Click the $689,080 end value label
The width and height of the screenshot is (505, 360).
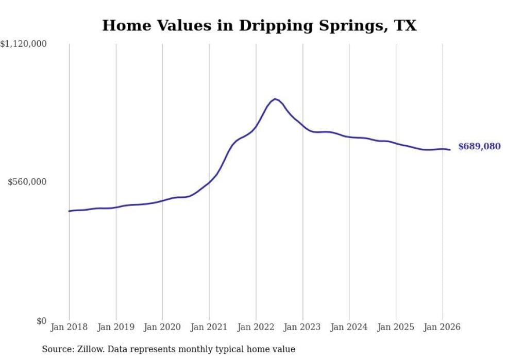point(479,146)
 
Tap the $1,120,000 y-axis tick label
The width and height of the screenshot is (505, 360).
point(24,44)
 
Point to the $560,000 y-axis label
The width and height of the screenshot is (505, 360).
point(27,182)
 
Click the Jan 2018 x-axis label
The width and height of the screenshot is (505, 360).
point(69,327)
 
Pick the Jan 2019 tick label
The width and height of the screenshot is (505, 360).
point(116,327)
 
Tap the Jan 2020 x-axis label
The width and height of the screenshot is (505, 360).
point(162,327)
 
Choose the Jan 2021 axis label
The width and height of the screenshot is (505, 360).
point(209,327)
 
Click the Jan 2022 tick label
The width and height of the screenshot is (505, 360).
point(256,327)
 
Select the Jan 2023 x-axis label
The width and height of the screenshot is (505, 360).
point(302,327)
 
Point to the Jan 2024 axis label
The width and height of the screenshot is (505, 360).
point(349,327)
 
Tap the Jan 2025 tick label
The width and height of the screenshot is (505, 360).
point(396,327)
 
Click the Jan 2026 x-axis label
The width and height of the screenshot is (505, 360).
point(442,327)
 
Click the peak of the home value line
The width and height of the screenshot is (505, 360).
point(275,99)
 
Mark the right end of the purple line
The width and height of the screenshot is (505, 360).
point(450,150)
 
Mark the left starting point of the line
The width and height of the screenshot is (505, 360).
point(69,211)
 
